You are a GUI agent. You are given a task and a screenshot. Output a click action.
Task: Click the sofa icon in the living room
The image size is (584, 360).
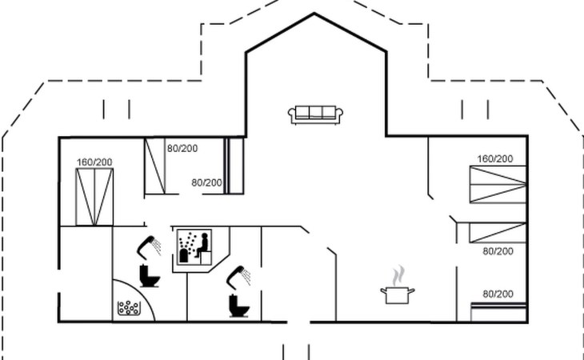pos(315,114)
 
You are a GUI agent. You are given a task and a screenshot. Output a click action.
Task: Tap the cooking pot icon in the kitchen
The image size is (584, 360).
pos(398,295)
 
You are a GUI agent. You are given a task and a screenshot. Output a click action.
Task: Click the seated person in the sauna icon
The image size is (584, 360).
pos(202,246)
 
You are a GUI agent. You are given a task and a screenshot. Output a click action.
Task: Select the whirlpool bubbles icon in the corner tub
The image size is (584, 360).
pos(129,308)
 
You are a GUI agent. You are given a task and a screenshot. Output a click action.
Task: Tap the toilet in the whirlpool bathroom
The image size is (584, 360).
pos(150,276)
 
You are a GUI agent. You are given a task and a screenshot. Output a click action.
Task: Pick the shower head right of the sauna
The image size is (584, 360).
pos(238,278)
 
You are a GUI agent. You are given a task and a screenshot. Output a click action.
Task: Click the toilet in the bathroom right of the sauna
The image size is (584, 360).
pos(239,306)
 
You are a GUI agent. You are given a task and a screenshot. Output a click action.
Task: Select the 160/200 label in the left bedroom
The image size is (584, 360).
pos(94,162)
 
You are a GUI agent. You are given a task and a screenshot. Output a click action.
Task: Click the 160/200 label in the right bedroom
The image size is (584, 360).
pos(495,159)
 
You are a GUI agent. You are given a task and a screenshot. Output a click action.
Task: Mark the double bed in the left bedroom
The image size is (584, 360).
pos(94,197)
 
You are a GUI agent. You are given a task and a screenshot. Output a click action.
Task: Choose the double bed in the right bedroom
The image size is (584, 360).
pos(498,184)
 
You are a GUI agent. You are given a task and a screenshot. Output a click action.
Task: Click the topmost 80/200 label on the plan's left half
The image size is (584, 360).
pos(182,149)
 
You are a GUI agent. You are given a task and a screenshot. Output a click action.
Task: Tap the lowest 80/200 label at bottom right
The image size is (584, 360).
pos(498,294)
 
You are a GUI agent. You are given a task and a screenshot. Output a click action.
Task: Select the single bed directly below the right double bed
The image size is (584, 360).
pos(498,233)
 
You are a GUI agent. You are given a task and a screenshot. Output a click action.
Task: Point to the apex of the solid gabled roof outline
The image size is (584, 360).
pos(314,14)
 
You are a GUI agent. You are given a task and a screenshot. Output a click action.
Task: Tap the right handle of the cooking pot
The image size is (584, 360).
pos(411,290)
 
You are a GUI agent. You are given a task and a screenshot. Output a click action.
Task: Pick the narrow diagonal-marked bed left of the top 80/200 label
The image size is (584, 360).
pos(154,166)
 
